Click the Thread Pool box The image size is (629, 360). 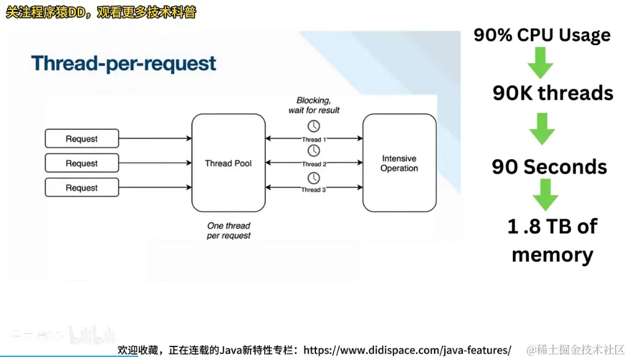[x=228, y=163]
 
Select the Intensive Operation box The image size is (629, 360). [x=399, y=163]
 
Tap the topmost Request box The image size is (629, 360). [x=81, y=139]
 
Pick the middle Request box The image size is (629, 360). [x=81, y=163]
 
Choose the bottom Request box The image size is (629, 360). [x=81, y=188]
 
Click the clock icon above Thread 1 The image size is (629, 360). [x=314, y=127]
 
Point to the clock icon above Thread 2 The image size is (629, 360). [x=314, y=151]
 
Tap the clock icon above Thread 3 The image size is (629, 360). [x=314, y=178]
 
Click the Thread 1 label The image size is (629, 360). [x=314, y=140]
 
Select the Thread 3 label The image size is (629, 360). [x=314, y=190]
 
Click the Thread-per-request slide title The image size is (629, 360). [x=123, y=64]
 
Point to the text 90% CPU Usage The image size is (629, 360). [x=542, y=35]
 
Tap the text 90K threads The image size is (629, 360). [x=552, y=93]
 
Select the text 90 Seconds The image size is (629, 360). [x=549, y=167]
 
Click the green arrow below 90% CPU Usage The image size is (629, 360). [x=539, y=62]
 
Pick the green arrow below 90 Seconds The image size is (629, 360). [x=545, y=195]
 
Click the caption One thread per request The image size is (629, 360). [x=228, y=230]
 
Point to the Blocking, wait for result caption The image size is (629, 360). [x=314, y=105]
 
